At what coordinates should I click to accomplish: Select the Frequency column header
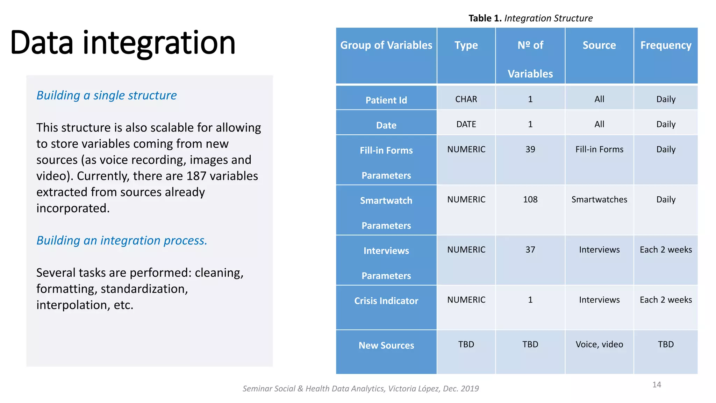(666, 45)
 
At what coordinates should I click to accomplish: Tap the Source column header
(599, 45)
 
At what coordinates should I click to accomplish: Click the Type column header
(466, 45)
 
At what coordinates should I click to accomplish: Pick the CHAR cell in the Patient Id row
(466, 99)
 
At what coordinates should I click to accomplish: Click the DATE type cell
(466, 125)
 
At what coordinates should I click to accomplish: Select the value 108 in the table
(530, 200)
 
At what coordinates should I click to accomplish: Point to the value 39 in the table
(530, 149)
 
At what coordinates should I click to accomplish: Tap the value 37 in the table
(530, 250)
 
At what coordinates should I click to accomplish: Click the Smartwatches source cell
(599, 200)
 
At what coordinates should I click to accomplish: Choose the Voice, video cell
(599, 345)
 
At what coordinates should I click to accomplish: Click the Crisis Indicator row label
(386, 301)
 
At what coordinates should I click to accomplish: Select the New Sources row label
(386, 346)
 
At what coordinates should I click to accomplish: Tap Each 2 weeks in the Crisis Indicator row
(666, 300)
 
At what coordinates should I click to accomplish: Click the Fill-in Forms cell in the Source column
(599, 149)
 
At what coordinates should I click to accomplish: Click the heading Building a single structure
(107, 95)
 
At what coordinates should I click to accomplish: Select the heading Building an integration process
(122, 240)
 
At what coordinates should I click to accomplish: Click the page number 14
(657, 385)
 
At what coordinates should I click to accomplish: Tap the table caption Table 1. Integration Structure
(530, 18)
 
